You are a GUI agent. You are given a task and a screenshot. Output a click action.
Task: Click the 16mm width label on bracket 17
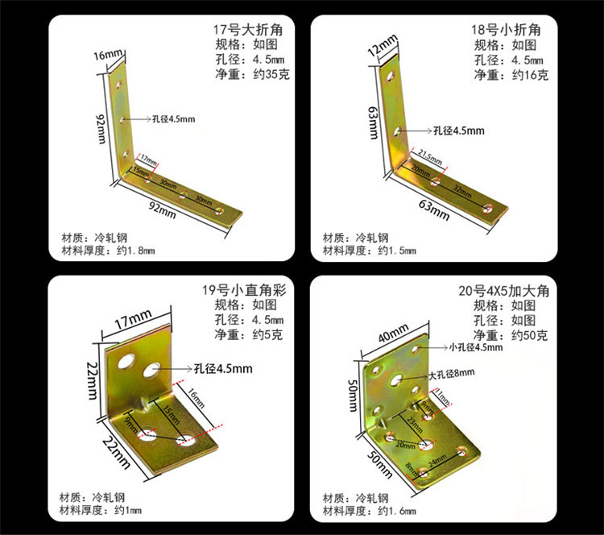coord(108,55)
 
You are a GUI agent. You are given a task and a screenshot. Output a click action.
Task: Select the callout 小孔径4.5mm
coord(475,347)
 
